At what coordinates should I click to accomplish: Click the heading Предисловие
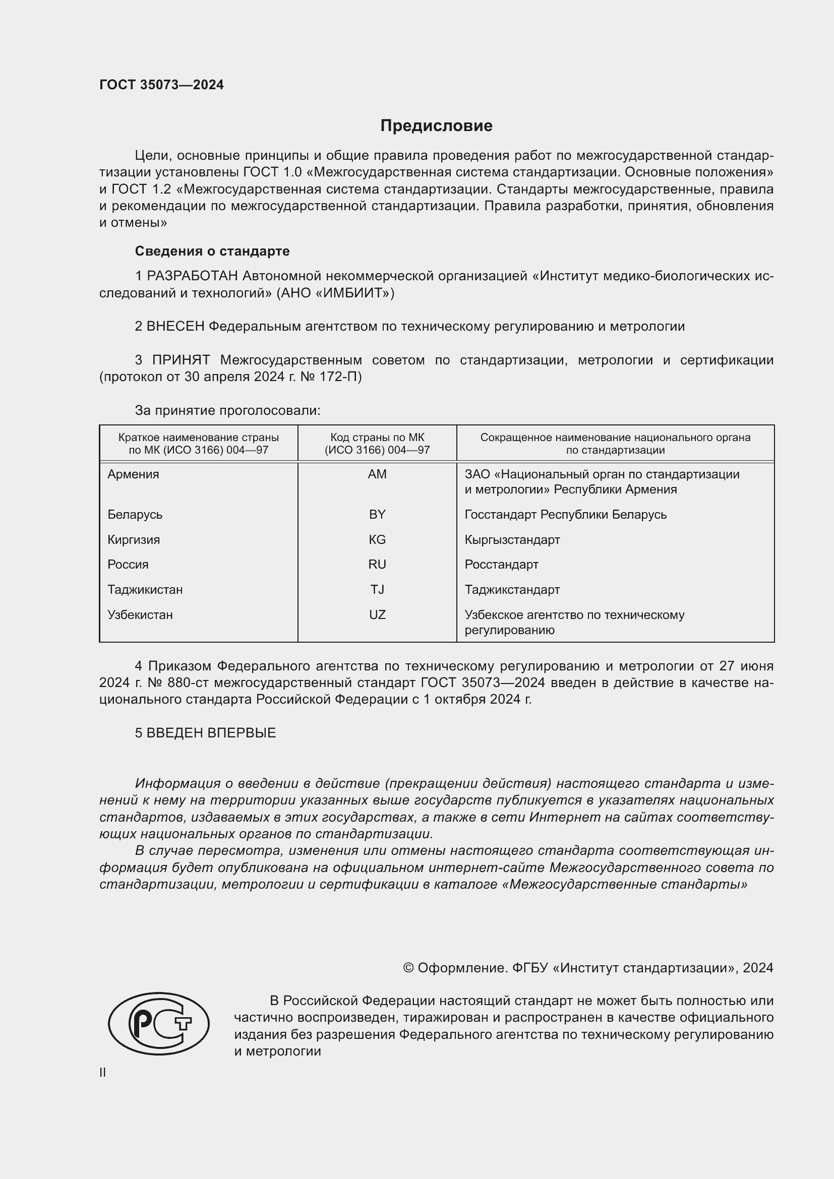tap(436, 126)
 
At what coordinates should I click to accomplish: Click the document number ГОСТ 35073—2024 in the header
tap(161, 85)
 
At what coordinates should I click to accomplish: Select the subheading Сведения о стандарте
tap(212, 251)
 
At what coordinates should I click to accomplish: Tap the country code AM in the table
tap(377, 474)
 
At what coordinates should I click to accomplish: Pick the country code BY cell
tap(377, 514)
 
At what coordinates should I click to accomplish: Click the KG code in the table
tap(377, 539)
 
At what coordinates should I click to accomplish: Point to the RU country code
tap(377, 565)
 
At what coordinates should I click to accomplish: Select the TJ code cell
tap(377, 590)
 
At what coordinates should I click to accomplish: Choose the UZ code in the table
tap(377, 614)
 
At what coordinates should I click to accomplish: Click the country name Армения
tap(133, 474)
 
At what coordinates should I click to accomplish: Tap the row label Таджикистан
tap(145, 590)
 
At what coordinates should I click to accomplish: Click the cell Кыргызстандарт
tap(512, 540)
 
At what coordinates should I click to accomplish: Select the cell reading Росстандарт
tap(501, 565)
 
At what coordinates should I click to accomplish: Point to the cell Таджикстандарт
tap(512, 590)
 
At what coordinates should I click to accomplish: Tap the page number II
tap(103, 1072)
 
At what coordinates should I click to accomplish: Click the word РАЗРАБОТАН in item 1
tap(193, 276)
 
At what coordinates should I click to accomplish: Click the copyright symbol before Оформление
tap(408, 968)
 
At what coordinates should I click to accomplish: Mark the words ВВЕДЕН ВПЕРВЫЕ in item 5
tap(211, 733)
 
